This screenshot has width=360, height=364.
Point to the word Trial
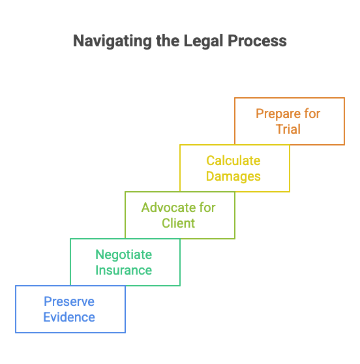288,129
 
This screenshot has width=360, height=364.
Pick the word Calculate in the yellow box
233,160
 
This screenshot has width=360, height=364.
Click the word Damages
233,176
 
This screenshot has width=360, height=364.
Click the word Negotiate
124,254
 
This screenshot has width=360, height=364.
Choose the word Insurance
124,270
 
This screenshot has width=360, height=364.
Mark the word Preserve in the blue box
69,301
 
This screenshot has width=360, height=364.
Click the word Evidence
69,317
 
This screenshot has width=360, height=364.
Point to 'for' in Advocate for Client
206,207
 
